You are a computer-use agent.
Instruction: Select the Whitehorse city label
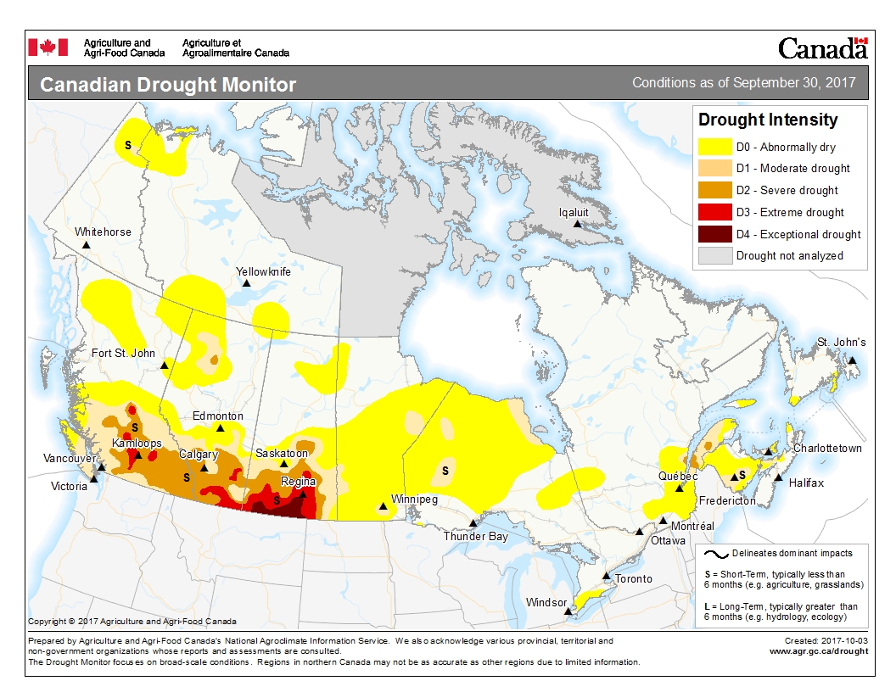(103, 232)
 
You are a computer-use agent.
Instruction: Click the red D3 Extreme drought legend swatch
(714, 212)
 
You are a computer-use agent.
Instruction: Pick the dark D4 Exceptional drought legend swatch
(714, 234)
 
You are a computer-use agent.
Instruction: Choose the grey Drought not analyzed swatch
(714, 255)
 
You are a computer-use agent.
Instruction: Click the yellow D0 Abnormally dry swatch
(714, 147)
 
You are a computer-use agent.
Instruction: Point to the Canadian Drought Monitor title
(168, 86)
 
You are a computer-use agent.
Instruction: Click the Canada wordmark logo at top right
(822, 48)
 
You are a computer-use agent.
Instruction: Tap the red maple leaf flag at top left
(48, 47)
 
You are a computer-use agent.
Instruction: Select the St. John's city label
(842, 342)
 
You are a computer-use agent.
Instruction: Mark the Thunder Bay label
(475, 536)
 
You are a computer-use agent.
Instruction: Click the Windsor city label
(546, 603)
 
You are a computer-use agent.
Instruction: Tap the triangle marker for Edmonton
(221, 428)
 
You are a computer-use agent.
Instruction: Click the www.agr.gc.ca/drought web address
(818, 651)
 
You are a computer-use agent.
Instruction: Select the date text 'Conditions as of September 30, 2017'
(743, 83)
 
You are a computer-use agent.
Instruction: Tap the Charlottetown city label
(827, 448)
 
